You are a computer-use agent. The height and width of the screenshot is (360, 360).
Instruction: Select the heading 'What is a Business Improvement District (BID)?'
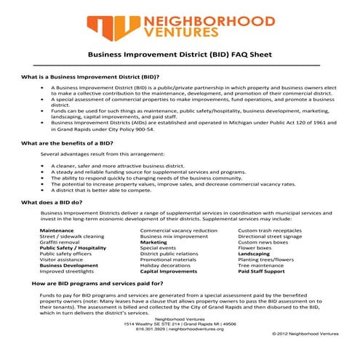pos(91,76)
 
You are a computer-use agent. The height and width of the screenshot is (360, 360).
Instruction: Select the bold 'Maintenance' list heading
pos(57,230)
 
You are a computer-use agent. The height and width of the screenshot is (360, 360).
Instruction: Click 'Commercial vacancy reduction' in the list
pos(178,230)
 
